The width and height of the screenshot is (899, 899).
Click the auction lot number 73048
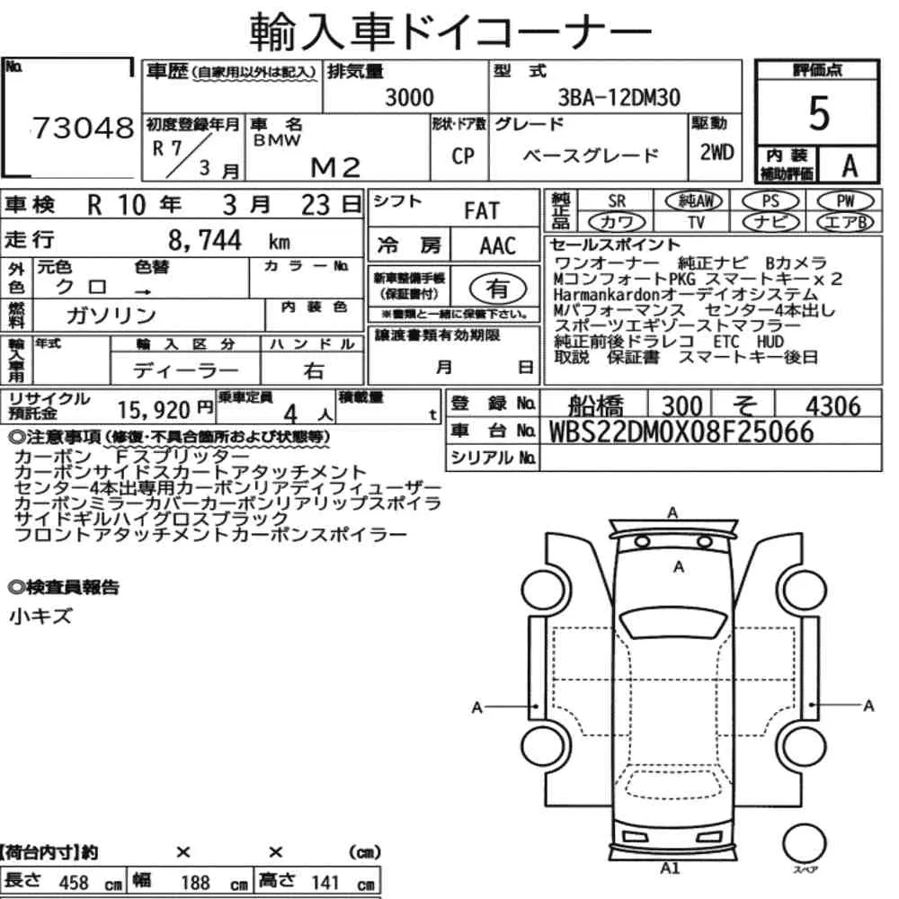[x=83, y=128]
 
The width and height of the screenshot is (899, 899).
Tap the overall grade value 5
[x=819, y=113]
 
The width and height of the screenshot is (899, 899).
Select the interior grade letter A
[x=850, y=166]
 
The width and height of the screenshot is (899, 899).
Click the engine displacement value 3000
[x=409, y=97]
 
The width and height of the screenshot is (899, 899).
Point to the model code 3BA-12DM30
[x=619, y=97]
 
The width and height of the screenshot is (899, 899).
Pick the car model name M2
[x=335, y=167]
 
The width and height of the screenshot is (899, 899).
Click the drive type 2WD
[x=717, y=152]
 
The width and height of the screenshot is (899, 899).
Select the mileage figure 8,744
[x=205, y=240]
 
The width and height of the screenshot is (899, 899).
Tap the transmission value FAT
[x=482, y=211]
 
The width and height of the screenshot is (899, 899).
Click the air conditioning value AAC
[x=498, y=246]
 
